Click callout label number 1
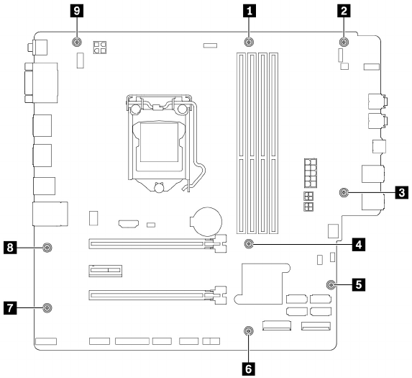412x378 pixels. [249, 11]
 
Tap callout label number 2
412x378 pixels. [344, 11]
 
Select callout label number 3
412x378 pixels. [402, 192]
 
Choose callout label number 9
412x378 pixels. [77, 11]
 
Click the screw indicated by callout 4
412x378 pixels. [249, 244]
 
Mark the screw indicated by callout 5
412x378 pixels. [331, 284]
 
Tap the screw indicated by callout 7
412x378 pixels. [47, 307]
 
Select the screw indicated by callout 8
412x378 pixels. [47, 247]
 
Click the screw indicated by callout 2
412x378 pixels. [344, 42]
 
